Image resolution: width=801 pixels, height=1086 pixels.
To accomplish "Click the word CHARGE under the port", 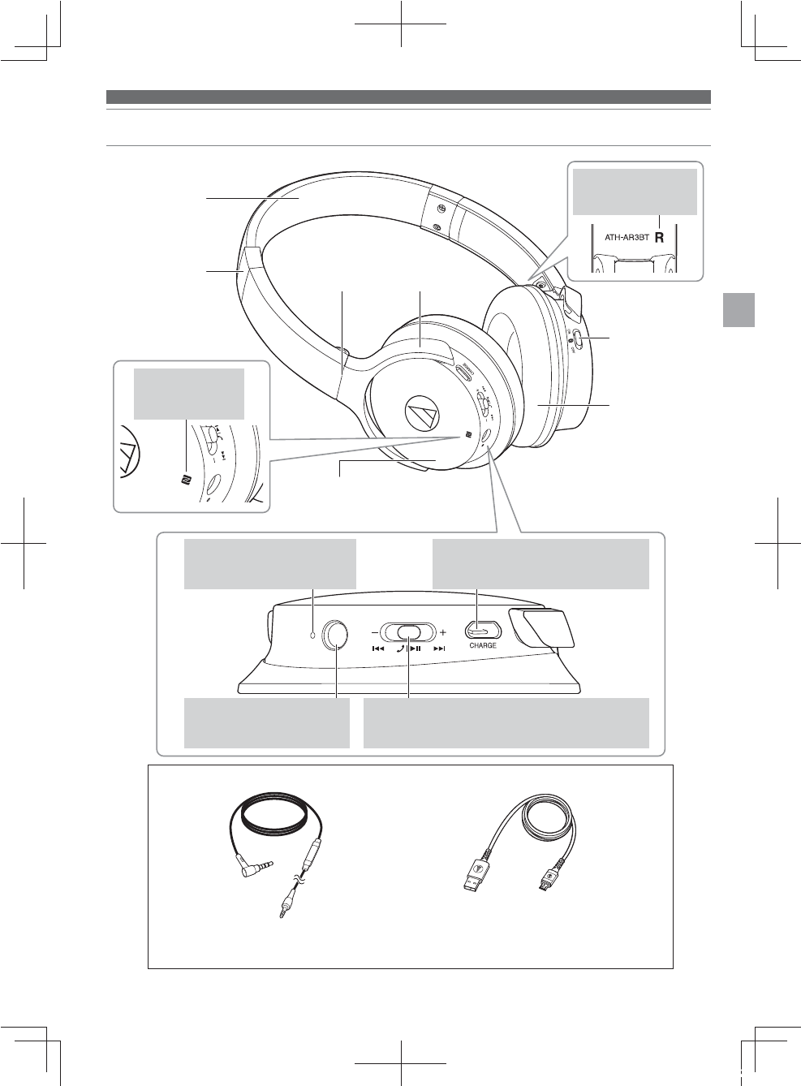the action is (x=482, y=646).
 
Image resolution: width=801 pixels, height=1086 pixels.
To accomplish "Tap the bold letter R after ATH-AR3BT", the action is (x=659, y=239).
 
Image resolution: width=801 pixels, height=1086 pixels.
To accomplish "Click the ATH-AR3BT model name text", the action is (x=627, y=239).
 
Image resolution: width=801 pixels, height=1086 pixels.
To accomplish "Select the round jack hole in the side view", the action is (x=335, y=634).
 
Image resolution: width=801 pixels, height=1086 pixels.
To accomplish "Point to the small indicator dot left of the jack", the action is (x=312, y=633).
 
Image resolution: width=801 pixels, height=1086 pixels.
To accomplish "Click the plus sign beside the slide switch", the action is (x=443, y=631).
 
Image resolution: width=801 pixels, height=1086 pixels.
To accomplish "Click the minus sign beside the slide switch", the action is (x=374, y=631).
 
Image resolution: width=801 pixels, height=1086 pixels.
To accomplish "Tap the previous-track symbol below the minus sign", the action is (x=377, y=649).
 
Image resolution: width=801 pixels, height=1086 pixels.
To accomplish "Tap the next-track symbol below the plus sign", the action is (x=439, y=649).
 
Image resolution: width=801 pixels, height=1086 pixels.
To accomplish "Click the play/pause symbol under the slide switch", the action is (x=415, y=649).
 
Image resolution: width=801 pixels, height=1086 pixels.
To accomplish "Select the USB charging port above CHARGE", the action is (x=480, y=630).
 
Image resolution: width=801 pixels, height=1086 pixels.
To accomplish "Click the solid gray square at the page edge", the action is (x=739, y=309).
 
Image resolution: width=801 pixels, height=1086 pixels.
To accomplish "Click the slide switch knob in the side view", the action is (x=409, y=631).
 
